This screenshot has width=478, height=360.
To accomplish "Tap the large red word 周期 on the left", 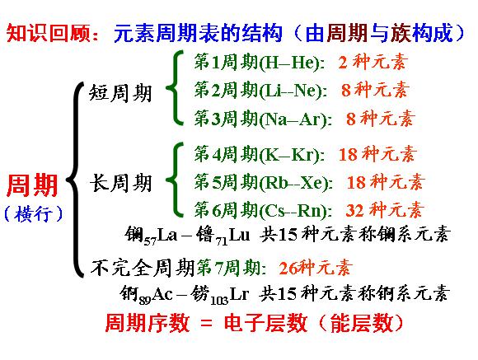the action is tap(32, 185).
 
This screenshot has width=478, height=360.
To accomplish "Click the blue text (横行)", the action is tap(34, 213).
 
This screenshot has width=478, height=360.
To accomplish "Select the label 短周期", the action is tap(120, 92).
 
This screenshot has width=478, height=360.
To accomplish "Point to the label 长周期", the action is tap(120, 183).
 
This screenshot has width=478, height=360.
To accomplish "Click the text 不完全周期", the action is tap(143, 268).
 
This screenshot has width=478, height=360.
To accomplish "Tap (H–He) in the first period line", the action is tap(289, 63).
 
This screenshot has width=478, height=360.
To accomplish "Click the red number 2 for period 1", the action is tap(343, 63).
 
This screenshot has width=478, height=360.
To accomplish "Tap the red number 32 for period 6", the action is tap(355, 210).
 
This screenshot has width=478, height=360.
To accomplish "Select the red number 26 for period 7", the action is tap(288, 269).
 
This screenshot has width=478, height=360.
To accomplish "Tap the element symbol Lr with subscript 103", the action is tap(239, 294).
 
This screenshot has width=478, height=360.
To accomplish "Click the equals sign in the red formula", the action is tap(206, 323).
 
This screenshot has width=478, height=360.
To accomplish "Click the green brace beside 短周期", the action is tap(175, 88).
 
